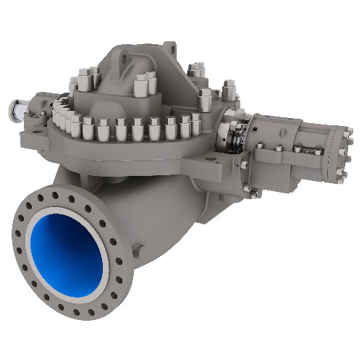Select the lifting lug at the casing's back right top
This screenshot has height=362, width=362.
point(172,49)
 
